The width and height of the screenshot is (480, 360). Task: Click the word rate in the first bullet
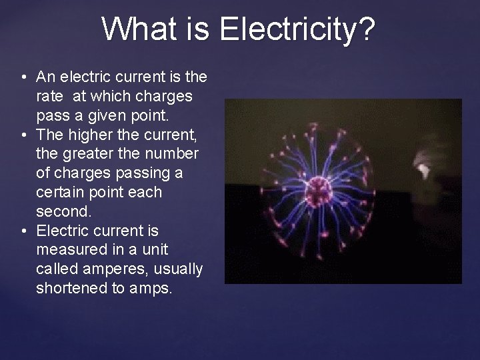[49, 97]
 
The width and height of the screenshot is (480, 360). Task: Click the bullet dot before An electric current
[23, 77]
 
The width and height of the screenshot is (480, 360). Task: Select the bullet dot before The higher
[23, 135]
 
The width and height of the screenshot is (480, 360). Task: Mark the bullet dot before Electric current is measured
[23, 231]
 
